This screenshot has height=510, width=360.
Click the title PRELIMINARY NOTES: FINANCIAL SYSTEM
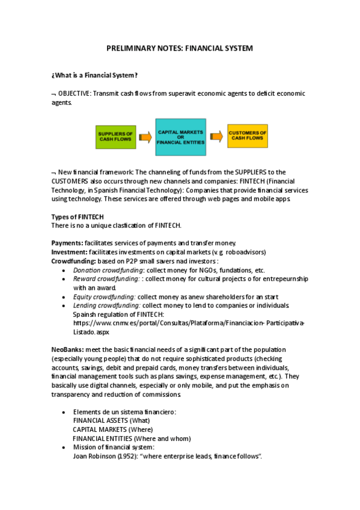pyautogui.click(x=180, y=48)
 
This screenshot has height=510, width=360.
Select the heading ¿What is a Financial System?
pyautogui.click(x=94, y=75)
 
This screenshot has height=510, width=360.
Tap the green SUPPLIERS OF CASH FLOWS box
pyautogui.click(x=115, y=137)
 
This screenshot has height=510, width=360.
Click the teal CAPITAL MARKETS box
pyautogui.click(x=180, y=138)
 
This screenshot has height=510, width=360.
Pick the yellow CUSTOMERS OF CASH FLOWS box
pyautogui.click(x=247, y=137)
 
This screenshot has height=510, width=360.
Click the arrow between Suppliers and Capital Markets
pyautogui.click(x=145, y=138)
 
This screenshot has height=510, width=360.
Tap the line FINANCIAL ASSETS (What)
pyautogui.click(x=111, y=420)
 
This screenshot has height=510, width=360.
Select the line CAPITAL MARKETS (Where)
pyautogui.click(x=112, y=429)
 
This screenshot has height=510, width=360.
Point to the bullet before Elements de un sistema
pyautogui.click(x=64, y=412)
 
